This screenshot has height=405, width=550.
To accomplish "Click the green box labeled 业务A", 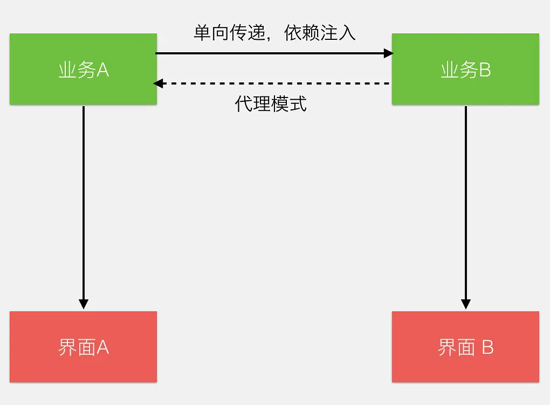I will [x=83, y=69].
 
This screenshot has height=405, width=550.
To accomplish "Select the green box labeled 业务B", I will [x=465, y=69].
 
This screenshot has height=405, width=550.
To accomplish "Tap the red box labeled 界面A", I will [x=83, y=347].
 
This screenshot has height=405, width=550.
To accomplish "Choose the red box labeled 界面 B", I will [x=465, y=347].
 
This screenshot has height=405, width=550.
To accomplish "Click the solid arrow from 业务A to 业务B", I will [x=270, y=53].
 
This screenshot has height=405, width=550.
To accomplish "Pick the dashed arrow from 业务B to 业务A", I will [x=270, y=83].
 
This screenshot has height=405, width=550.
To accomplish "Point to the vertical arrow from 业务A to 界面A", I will [x=84, y=205].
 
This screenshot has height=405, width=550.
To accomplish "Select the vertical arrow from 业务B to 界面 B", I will [x=466, y=205].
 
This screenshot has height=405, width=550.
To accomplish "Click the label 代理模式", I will [x=271, y=103].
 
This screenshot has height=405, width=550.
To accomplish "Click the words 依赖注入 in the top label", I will [x=320, y=33].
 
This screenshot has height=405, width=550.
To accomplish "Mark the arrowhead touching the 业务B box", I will [x=388, y=53].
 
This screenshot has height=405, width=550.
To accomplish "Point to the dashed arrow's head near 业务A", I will [x=158, y=83].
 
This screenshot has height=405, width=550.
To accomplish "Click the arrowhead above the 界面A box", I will [x=84, y=304].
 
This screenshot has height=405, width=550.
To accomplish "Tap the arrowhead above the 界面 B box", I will [x=466, y=304].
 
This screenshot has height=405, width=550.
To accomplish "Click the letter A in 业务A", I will [x=103, y=70].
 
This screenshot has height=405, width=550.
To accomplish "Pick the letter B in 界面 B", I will [x=487, y=347].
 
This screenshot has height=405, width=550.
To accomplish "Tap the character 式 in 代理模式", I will [x=298, y=103].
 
